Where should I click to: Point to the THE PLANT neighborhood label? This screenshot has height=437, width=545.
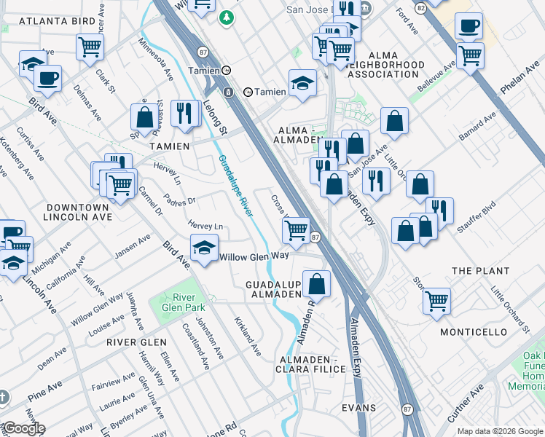(x=481, y=271)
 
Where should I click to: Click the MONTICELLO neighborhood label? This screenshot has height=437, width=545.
(x=474, y=332)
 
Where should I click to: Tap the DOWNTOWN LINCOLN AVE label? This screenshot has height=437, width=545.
(x=76, y=212)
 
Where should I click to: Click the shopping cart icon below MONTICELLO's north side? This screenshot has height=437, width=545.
(x=436, y=299)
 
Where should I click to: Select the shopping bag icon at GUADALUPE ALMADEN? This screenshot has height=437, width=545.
(x=317, y=283)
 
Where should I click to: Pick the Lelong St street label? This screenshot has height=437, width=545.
(x=216, y=117)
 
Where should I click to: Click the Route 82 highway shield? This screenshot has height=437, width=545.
(x=420, y=7)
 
